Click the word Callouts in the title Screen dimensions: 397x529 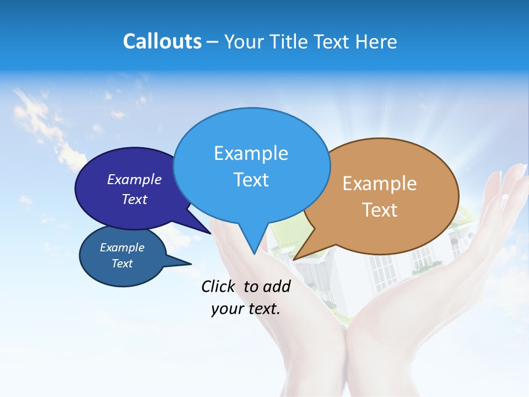coord(162,41)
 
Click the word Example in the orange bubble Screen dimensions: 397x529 coord(380,184)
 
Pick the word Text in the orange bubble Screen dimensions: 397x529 coord(380,210)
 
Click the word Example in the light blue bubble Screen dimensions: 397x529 coord(251,153)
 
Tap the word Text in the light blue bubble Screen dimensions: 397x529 coord(251,180)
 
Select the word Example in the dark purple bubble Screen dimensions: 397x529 coord(134,179)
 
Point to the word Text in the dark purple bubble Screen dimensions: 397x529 coord(134,199)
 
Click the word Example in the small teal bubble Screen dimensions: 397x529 coord(122,248)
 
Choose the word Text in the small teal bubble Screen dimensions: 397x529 coord(122,264)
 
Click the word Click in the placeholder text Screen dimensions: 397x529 coord(218,286)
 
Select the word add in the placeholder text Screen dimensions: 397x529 coord(277,286)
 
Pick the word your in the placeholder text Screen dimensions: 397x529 coord(226,309)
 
